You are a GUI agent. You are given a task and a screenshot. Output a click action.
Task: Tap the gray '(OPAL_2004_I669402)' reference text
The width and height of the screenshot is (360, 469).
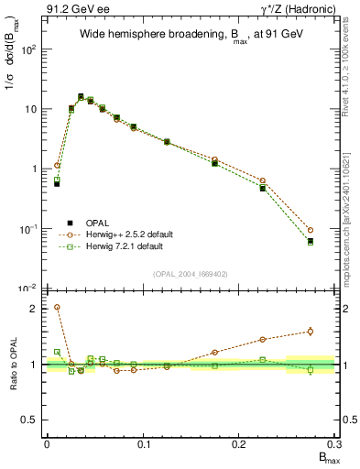(x=190, y=272)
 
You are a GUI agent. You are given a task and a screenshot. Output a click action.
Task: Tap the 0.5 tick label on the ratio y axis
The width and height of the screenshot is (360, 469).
(x=29, y=420)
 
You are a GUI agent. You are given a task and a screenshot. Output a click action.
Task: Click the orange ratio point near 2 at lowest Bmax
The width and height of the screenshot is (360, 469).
(x=57, y=308)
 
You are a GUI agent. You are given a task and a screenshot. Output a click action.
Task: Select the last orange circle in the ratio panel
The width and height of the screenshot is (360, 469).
(x=311, y=332)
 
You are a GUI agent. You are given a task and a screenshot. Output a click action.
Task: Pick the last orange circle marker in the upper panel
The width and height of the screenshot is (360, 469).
(x=311, y=230)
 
